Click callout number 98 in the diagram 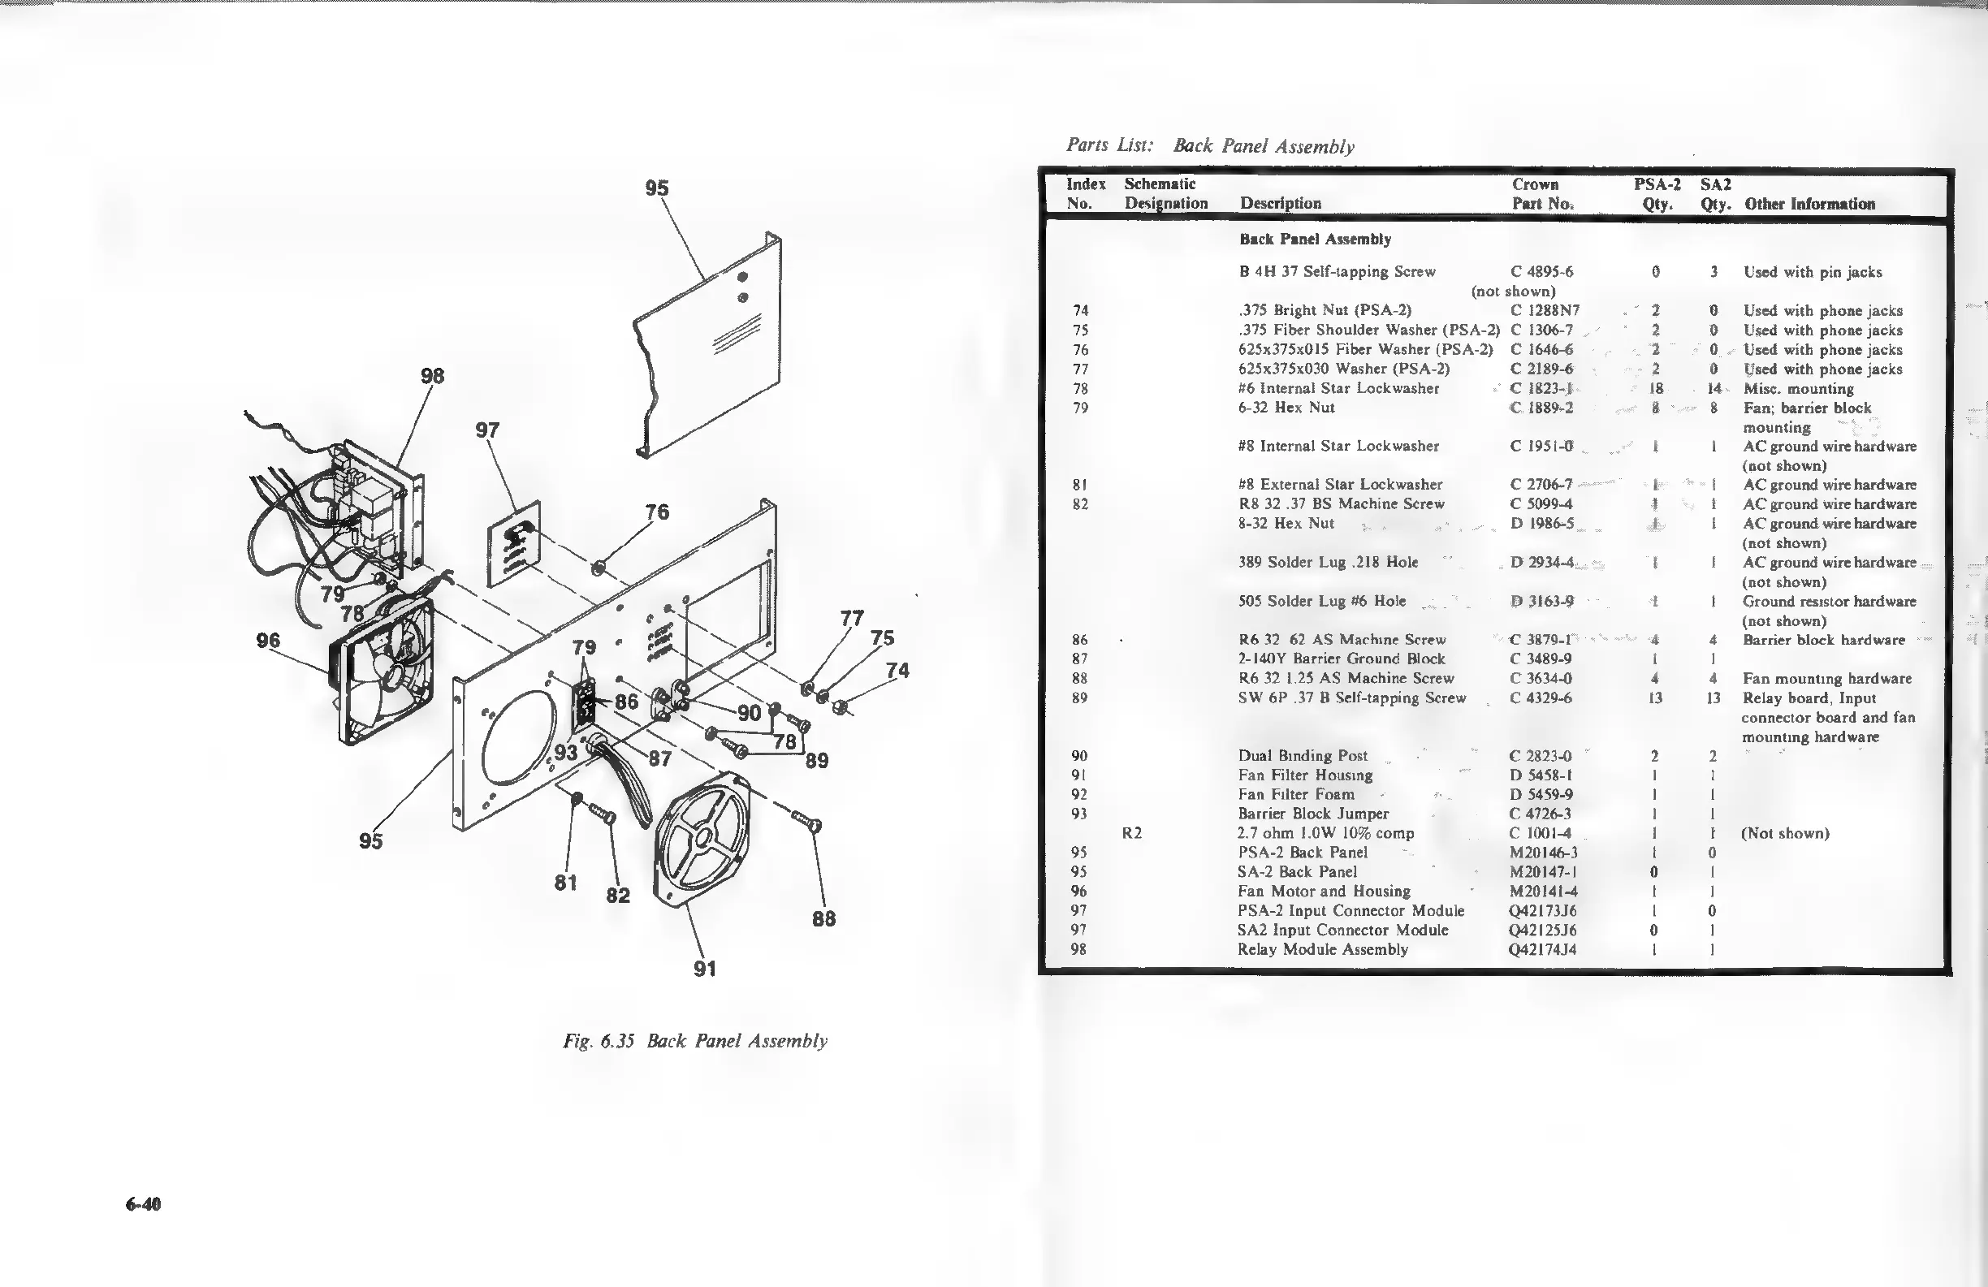tap(432, 376)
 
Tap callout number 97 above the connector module tap(487, 430)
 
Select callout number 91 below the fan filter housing tap(704, 969)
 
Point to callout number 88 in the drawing tap(823, 918)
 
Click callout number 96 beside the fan tap(268, 641)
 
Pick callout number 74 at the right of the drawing tap(897, 670)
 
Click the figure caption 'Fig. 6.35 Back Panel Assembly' tap(695, 1041)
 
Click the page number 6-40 tap(143, 1203)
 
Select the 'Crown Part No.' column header tap(1542, 194)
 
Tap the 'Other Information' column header tap(1809, 204)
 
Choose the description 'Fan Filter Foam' tap(1295, 794)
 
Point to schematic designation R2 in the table tap(1132, 832)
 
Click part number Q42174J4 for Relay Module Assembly tap(1543, 948)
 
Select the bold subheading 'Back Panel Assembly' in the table tap(1315, 240)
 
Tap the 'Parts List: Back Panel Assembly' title tap(1209, 146)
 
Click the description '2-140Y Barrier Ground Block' tap(1341, 658)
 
